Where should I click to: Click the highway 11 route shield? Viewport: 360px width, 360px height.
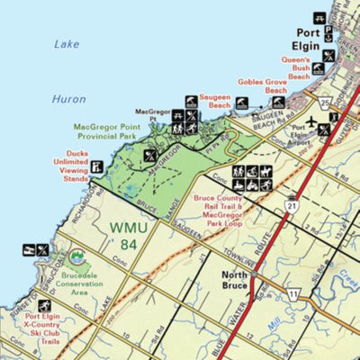(293, 294)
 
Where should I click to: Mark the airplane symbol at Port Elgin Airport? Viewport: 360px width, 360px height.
(311, 121)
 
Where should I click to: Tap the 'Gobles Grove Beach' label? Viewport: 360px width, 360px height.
(264, 85)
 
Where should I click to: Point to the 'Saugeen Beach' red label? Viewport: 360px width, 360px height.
(206, 105)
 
